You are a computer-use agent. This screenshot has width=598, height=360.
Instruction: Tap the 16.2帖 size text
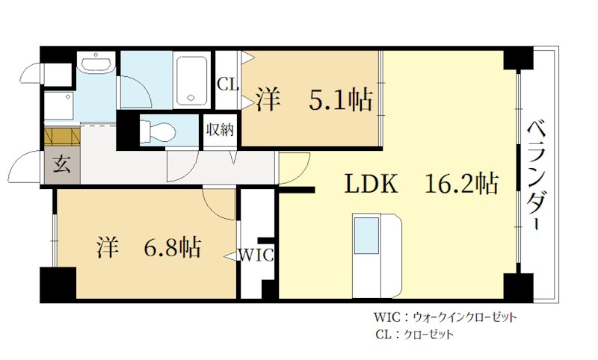(462, 184)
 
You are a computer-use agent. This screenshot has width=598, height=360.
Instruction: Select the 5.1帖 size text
(342, 99)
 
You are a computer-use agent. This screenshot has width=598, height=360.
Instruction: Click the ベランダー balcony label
(537, 176)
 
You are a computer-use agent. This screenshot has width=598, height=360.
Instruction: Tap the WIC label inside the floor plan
(256, 255)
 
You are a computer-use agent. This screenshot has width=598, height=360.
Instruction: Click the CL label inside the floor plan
(226, 84)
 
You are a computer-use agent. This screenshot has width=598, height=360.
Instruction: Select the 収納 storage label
(220, 129)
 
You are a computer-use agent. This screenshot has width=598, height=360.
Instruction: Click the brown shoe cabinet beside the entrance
(61, 137)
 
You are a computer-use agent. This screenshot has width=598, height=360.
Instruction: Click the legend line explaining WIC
(445, 317)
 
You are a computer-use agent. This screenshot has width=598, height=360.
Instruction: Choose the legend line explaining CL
(414, 335)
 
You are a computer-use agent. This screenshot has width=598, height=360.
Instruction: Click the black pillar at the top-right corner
(518, 59)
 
